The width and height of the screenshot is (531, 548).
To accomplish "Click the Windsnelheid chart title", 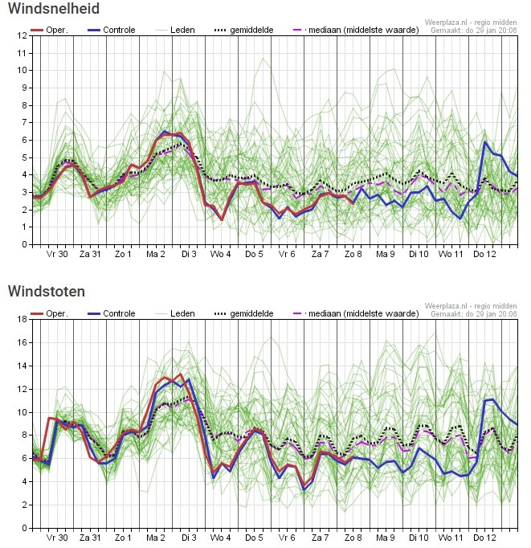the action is point(54,8).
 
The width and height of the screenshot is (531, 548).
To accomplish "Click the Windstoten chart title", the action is point(47,291).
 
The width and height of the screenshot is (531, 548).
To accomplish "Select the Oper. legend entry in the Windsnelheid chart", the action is point(49,30).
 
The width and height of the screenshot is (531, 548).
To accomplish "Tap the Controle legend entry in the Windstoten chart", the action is point(112,313).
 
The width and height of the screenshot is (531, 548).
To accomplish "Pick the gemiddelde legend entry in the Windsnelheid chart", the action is point(244,30).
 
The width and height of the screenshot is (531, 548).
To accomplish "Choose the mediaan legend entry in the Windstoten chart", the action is point(356,313).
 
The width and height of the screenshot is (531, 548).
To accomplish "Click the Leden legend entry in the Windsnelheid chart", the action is point(175,30).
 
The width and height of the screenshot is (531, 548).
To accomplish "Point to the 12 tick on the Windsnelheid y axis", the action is point(22,35).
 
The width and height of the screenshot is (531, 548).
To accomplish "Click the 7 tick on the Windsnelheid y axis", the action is point(24,122).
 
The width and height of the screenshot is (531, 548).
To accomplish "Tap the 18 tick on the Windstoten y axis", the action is point(22,319).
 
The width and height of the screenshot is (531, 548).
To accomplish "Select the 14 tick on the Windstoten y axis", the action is point(22,366).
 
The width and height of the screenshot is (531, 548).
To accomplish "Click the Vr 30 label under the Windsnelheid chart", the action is point(57,254).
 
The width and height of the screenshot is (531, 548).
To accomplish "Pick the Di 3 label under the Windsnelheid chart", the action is point(189,254).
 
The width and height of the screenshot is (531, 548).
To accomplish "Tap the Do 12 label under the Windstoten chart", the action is point(484,538).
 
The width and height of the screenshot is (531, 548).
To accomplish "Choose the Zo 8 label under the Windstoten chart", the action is point(353,538).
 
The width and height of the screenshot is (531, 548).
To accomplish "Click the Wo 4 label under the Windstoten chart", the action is point(220,538).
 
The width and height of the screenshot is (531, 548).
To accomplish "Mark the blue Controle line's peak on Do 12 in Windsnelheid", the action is point(484,142).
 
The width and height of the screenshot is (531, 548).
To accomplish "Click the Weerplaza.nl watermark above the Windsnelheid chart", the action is point(471,22).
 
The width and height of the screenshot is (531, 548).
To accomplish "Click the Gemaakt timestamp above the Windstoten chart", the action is point(474,314).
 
